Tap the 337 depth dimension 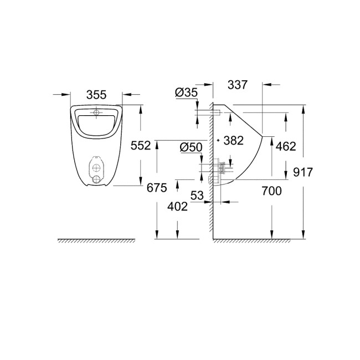[x=237, y=85]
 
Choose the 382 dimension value [x=234, y=141]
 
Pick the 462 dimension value [x=286, y=146]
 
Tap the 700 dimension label [x=271, y=192]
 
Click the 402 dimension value [x=177, y=207]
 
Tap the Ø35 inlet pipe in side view [x=206, y=113]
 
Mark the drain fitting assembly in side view [x=218, y=169]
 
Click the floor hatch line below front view [x=97, y=240]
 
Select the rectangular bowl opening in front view [x=97, y=124]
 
